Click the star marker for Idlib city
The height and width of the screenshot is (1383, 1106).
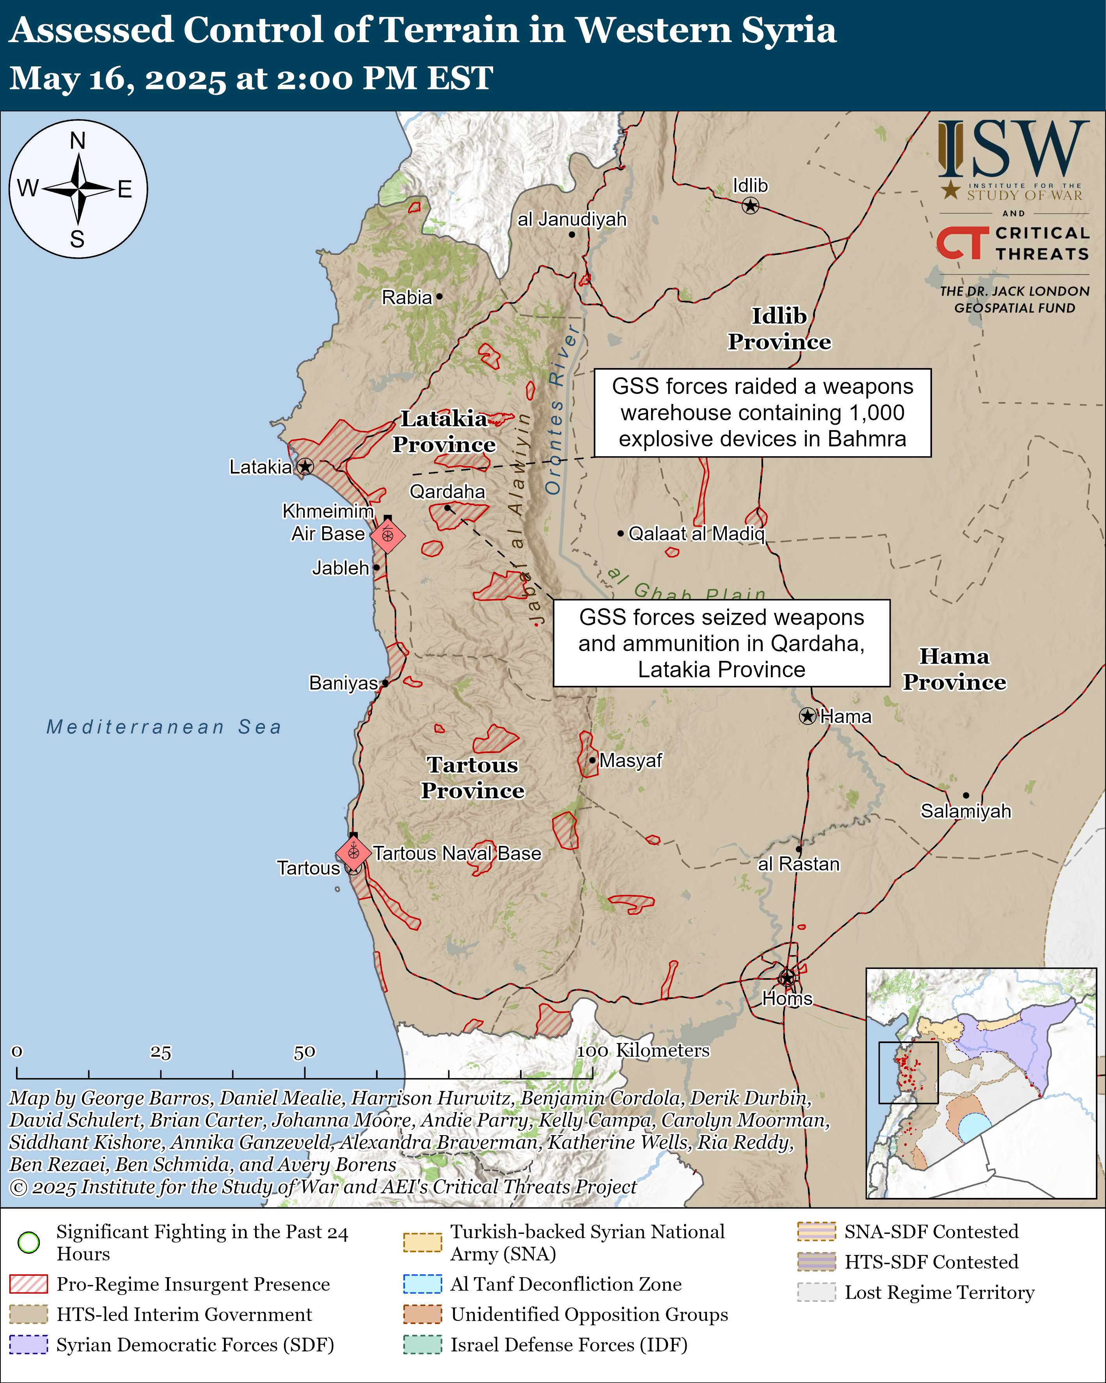point(750,206)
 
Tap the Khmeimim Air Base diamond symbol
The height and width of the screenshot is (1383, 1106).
point(387,535)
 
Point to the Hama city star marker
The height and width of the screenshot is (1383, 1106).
point(807,716)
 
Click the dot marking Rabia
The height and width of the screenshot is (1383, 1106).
point(439,296)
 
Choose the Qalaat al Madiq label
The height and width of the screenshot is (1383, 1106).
point(696,533)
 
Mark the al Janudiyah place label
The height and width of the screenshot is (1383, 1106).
point(572,219)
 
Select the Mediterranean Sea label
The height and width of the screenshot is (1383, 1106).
point(164,727)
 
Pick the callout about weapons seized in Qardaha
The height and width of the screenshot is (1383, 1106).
point(721,643)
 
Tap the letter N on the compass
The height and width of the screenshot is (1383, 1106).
point(78,141)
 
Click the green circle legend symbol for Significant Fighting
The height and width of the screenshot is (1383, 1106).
point(29,1242)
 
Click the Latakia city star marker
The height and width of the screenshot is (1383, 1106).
point(305,466)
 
